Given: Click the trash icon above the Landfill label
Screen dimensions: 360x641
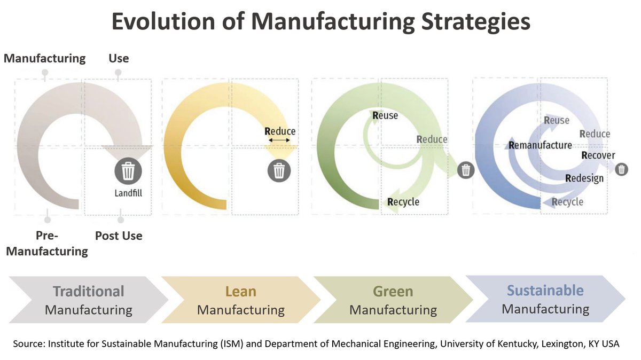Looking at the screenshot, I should [128, 171].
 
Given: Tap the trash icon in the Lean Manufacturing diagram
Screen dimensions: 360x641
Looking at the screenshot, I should [279, 170].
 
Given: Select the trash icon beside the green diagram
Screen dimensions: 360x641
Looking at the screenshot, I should [466, 170].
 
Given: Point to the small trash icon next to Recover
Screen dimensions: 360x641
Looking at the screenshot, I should [621, 169].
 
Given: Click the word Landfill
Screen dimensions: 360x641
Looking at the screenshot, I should [128, 193].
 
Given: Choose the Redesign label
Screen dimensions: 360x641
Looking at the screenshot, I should [584, 178].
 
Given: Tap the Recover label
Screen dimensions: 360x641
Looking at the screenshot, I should [598, 155].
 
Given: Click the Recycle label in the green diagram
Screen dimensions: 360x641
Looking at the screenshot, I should [403, 202].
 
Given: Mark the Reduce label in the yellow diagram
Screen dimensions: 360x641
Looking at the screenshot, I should [280, 131].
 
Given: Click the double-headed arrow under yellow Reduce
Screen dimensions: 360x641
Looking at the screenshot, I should [280, 140].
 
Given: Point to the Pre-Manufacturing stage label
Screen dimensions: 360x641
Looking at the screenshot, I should [47, 243].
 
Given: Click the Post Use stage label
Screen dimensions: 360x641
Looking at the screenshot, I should [119, 236].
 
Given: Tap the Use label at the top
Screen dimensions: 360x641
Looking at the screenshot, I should [119, 58].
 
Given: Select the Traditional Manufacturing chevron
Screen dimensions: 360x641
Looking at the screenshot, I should [88, 300].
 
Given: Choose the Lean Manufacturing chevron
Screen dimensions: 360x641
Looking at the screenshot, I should [240, 300].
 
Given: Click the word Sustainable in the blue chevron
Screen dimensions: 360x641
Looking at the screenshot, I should [545, 291].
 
